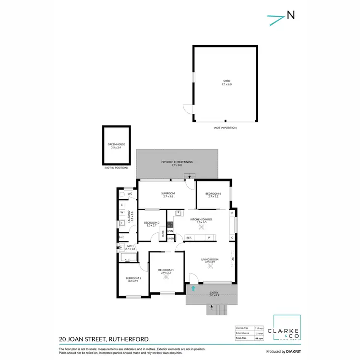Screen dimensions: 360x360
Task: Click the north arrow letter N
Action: (x=290, y=15)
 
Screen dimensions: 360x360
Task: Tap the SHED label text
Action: (x=227, y=81)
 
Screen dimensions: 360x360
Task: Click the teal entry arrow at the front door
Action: (x=193, y=288)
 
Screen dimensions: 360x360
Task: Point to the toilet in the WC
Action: (x=122, y=194)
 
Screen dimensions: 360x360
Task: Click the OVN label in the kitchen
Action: (x=170, y=231)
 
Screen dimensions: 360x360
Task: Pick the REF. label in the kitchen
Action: (x=189, y=238)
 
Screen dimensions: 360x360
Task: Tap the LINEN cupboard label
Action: (x=170, y=238)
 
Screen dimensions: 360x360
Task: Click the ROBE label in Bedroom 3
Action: (x=163, y=234)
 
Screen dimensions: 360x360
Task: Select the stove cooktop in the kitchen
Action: (x=170, y=224)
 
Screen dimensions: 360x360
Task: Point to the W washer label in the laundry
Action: (x=122, y=212)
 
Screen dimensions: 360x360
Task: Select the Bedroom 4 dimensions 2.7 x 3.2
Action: (x=213, y=196)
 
